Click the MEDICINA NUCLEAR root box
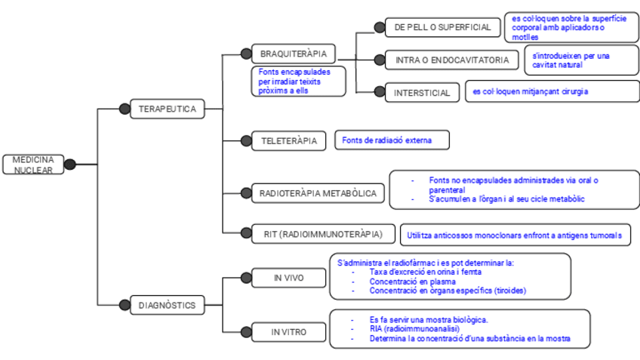pyautogui.click(x=32, y=165)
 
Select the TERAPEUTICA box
pyautogui.click(x=167, y=109)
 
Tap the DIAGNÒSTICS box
pyautogui.click(x=167, y=306)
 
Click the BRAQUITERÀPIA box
pyautogui.click(x=293, y=54)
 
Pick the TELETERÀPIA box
pyautogui.click(x=288, y=141)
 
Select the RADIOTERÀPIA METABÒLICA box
pyautogui.click(x=318, y=194)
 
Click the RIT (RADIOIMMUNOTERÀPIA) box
pyautogui.click(x=322, y=234)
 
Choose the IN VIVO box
pyautogui.click(x=288, y=278)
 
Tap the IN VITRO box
pyautogui.click(x=288, y=332)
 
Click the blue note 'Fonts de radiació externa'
pyautogui.click(x=392, y=140)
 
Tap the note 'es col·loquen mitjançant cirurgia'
pyautogui.click(x=530, y=92)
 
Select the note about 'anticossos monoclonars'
pyautogui.click(x=514, y=235)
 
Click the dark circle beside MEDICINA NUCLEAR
pyautogui.click(x=70, y=165)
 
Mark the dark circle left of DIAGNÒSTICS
pyautogui.click(x=125, y=306)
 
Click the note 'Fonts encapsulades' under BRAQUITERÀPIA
pyautogui.click(x=299, y=81)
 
